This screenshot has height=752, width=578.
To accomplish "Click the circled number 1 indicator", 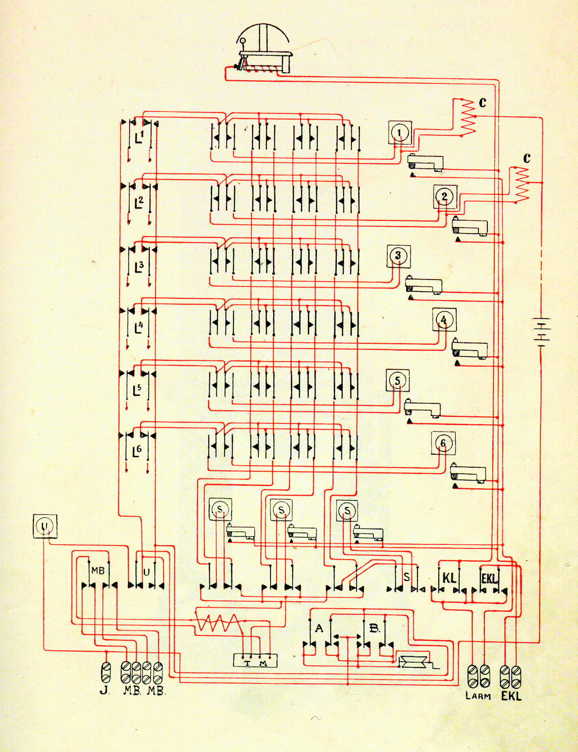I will [x=400, y=132].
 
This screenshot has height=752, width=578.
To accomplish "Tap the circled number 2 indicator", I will [x=445, y=197].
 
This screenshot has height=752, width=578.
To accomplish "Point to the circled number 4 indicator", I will [x=444, y=320].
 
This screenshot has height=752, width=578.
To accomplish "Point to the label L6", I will [x=137, y=451].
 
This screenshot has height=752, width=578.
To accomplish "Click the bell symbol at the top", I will [x=263, y=49].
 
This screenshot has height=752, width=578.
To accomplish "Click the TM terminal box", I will [x=255, y=661].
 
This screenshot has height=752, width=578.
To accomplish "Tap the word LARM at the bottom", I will [x=478, y=696].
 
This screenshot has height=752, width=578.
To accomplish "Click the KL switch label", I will [x=449, y=578].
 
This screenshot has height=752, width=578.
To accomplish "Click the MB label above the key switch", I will [x=98, y=570].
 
